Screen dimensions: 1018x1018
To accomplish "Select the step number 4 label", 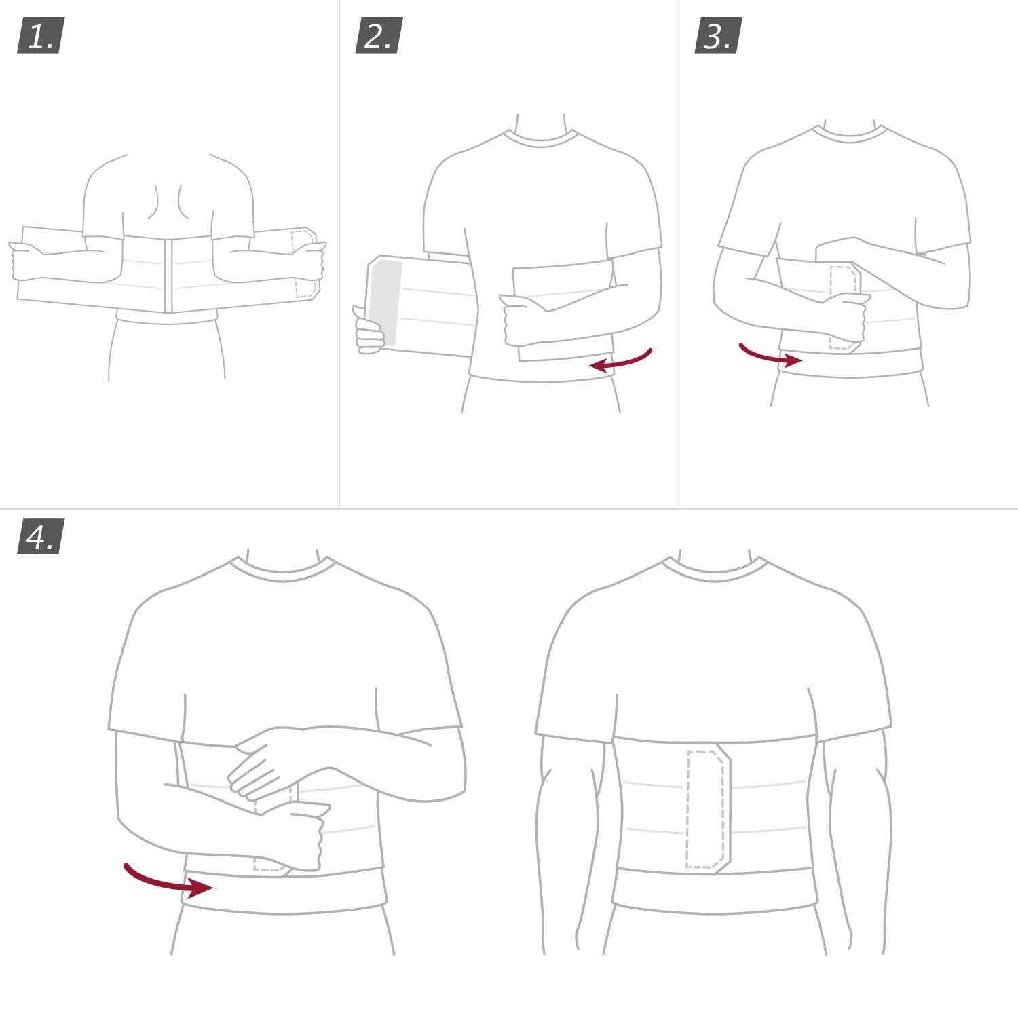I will (x=40, y=537).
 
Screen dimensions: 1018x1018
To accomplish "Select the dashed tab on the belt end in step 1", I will (x=304, y=263).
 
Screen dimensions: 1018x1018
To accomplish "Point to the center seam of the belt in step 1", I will (x=169, y=275).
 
